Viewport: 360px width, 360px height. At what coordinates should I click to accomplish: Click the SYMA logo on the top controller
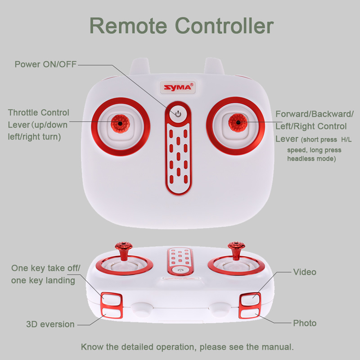178,87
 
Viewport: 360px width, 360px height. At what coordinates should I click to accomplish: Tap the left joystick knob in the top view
120,124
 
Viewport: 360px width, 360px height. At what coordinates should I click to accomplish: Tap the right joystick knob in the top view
238,122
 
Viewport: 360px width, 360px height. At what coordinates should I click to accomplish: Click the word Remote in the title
128,26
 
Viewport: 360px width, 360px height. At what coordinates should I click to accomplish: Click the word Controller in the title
224,26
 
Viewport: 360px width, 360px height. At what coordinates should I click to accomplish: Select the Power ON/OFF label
45,64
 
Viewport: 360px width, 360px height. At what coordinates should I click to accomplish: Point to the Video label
305,272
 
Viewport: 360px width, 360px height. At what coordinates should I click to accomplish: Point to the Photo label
305,323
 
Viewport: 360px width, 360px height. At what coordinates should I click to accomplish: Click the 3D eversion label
50,324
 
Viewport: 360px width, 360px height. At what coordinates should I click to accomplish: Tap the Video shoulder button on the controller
250,299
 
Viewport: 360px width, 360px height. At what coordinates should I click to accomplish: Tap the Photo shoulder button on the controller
249,313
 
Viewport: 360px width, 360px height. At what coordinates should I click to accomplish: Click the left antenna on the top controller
139,66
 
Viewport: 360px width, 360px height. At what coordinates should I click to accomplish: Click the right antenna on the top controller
214,66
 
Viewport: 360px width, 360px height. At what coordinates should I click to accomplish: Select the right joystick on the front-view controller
237,251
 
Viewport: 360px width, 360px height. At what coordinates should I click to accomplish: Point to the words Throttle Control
39,112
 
